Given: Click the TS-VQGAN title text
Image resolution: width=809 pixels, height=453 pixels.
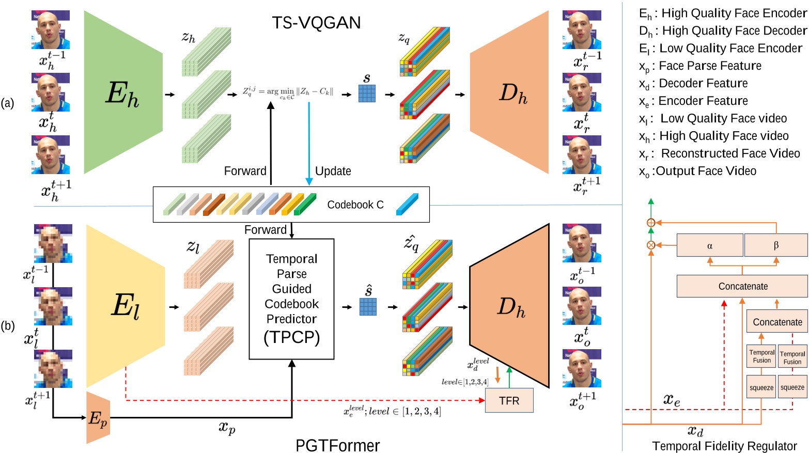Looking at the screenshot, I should tap(316, 23).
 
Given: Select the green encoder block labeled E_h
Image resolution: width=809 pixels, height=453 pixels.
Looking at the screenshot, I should tap(123, 93).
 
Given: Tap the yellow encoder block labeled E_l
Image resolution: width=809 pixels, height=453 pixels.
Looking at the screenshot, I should tap(125, 306).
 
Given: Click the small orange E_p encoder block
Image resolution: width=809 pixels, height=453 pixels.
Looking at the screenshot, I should tap(98, 418).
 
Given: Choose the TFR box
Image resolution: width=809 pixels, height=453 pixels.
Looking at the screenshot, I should tap(509, 401).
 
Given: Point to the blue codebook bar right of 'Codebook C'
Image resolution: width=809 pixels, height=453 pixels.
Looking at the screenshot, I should tap(407, 205).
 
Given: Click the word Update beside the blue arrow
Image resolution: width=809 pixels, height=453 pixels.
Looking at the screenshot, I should tap(333, 171).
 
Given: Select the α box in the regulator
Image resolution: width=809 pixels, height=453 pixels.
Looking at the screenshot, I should tap(709, 245).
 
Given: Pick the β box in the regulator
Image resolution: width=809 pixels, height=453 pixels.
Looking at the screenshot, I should tap(775, 245).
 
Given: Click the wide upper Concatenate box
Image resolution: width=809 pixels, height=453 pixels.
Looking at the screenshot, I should tap(742, 286).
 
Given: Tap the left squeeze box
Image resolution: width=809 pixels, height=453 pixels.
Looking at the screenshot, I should tap(761, 387).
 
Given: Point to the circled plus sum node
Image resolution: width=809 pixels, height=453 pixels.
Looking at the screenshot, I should tap(651, 223).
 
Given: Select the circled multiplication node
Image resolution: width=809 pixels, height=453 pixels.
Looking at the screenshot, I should tap(651, 245).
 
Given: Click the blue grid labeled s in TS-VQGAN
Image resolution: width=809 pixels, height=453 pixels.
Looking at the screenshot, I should tap(367, 93).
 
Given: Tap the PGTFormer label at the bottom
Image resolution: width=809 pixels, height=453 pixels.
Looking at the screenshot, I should tap(337, 445).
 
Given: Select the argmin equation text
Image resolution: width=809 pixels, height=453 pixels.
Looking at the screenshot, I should tap(288, 92).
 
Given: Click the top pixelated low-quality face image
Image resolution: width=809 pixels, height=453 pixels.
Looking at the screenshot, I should tap(53, 243).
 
